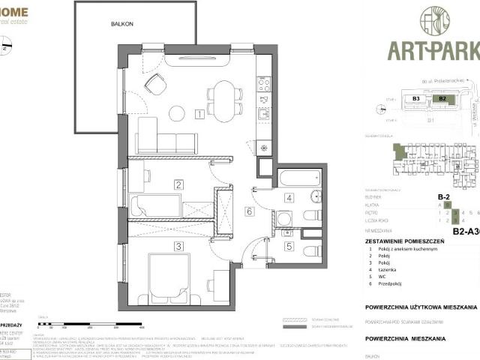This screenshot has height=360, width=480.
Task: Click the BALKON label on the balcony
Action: point(122,24)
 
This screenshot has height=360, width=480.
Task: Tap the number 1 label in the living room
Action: point(198,115)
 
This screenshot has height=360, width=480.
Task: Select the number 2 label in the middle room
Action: point(179,184)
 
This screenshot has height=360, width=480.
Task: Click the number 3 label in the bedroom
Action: point(179,245)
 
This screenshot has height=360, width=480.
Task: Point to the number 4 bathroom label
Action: point(289,198)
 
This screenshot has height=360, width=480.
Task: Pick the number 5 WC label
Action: point(289,245)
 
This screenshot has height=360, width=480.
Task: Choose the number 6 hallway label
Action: point(249,211)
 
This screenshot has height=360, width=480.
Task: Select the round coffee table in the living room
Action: point(177,113)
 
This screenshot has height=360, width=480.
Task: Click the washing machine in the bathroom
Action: point(283,219)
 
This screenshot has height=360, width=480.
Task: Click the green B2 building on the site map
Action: point(442,98)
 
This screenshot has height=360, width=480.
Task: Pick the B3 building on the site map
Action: point(416,98)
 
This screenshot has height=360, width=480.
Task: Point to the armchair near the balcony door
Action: point(155,84)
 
